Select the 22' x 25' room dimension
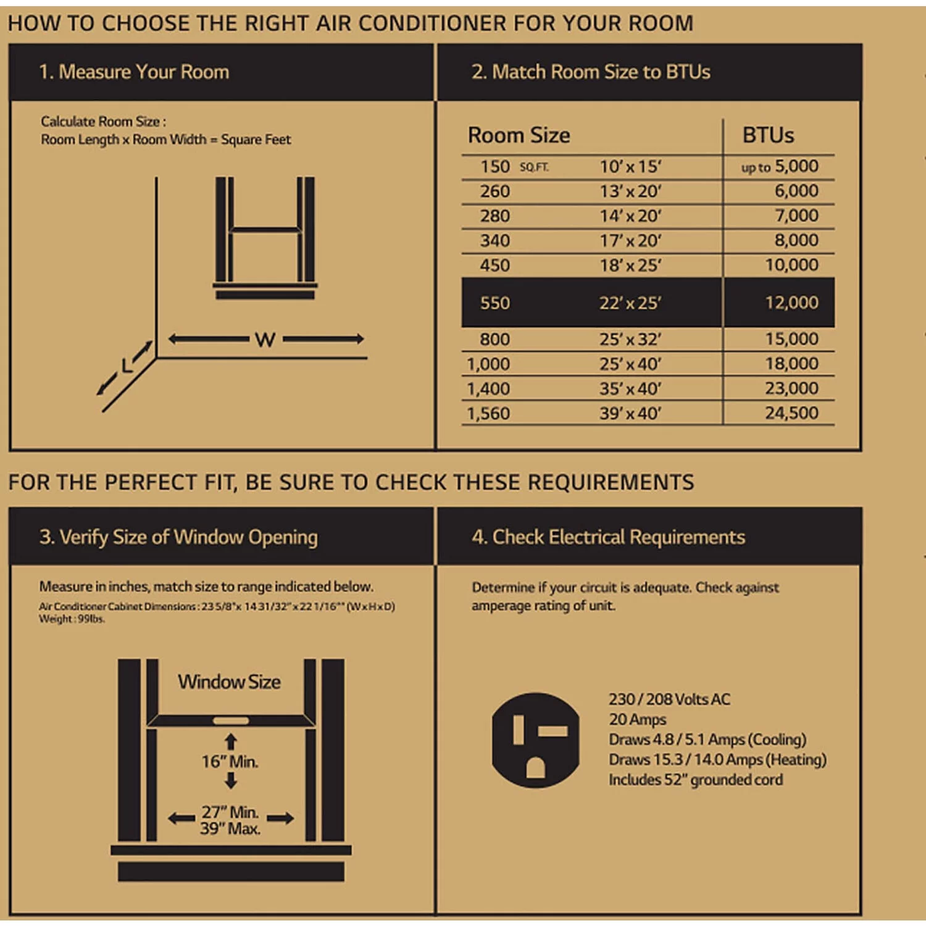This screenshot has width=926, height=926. click(630, 303)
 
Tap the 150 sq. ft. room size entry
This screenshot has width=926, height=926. click(496, 167)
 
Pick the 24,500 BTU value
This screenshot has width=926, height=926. click(791, 413)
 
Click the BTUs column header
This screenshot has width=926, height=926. click(768, 135)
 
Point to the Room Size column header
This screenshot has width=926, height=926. click(519, 135)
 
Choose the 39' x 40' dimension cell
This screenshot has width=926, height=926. click(630, 413)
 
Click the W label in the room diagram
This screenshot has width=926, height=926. click(265, 340)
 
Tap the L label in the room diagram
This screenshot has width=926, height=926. click(127, 366)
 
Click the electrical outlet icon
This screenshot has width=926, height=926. click(535, 740)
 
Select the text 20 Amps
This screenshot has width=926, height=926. click(637, 720)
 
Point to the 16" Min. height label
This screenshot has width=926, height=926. click(230, 762)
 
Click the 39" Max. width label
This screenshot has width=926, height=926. click(230, 829)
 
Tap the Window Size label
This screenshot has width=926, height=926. click(229, 682)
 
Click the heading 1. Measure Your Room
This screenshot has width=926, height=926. click(134, 72)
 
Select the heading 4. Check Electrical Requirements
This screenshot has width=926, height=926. click(608, 537)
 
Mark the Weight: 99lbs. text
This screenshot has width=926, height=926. click(72, 619)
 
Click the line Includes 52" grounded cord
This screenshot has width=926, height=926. click(695, 780)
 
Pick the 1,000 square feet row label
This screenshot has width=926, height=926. click(488, 364)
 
